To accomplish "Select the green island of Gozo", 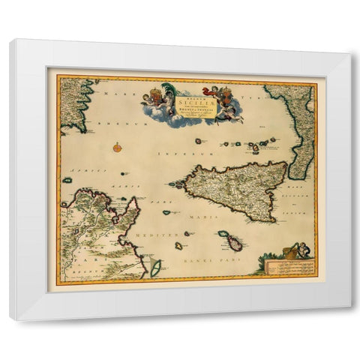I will click(x=223, y=234).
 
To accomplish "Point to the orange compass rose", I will click(x=118, y=147).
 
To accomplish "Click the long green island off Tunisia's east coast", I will click(x=156, y=266).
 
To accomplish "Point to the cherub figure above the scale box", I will click(x=300, y=250).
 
